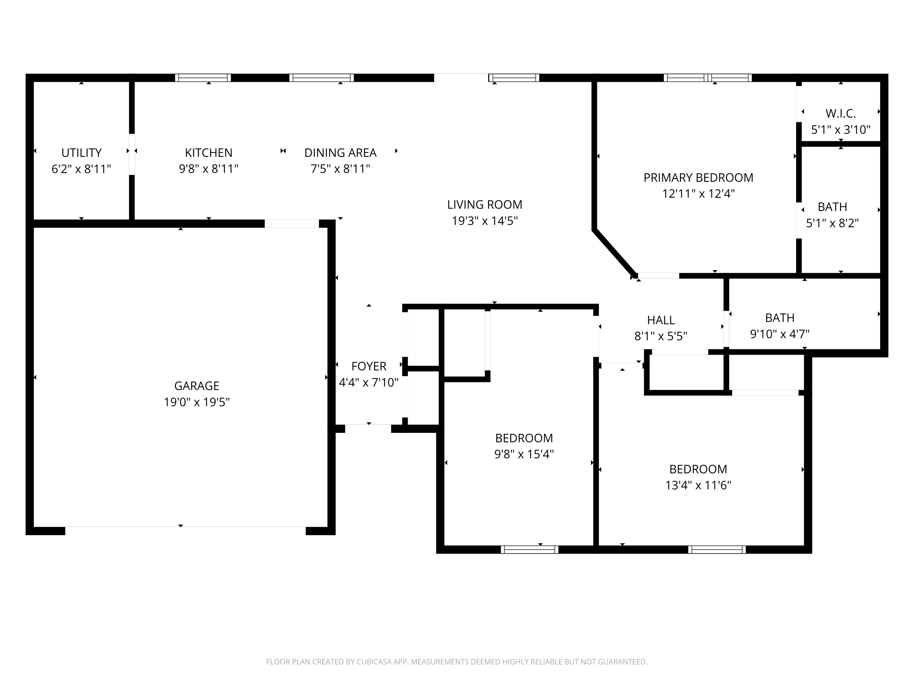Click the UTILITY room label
[81, 153]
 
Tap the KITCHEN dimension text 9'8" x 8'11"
[208, 169]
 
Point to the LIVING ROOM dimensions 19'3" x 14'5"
[484, 221]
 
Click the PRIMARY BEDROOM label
[698, 177]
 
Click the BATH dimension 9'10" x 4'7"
[779, 334]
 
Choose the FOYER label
[369, 366]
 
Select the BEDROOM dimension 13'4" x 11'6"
[698, 485]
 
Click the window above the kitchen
[203, 78]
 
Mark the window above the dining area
[321, 78]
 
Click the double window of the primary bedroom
[707, 78]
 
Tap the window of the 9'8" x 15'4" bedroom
[529, 550]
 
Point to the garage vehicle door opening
[185, 527]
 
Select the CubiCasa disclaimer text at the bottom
[457, 662]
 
